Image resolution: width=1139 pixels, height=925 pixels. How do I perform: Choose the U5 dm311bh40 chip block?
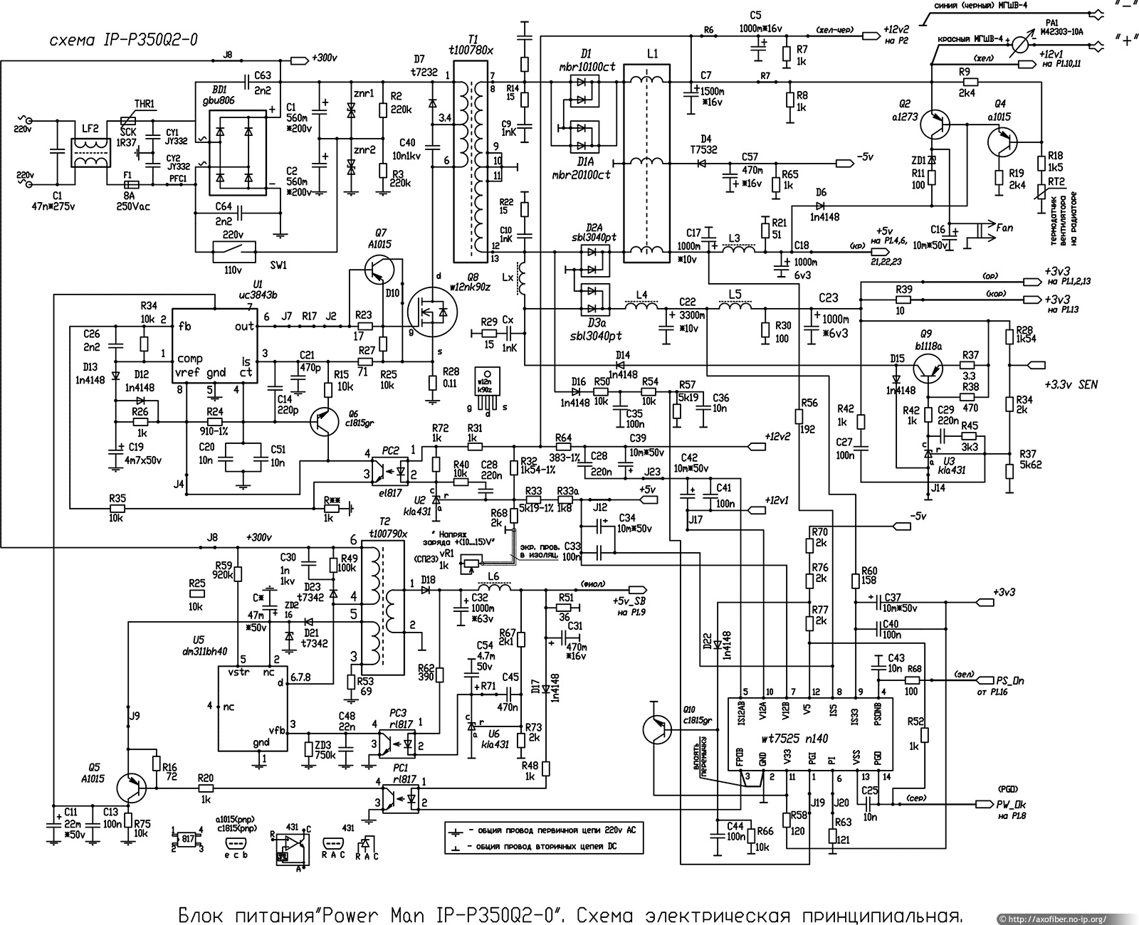coord(252,708)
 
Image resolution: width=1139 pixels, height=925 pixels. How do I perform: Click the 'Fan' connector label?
coord(1004,228)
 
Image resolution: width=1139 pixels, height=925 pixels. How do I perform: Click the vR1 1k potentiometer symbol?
coord(470,562)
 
